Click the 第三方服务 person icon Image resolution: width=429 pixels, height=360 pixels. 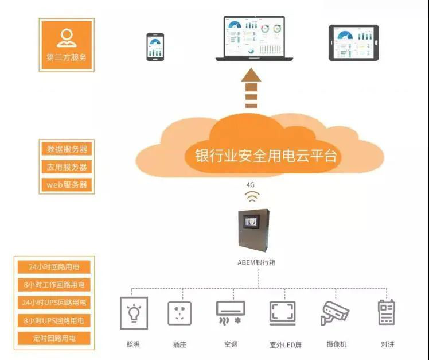[67, 38]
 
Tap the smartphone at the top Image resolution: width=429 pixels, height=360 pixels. [155, 47]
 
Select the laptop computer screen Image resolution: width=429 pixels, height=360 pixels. [254, 36]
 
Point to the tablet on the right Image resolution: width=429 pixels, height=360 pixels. [353, 42]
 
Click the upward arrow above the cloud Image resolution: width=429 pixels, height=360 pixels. [251, 88]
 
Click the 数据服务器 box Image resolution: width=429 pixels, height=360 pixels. [67, 149]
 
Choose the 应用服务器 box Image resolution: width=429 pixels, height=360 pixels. [67, 167]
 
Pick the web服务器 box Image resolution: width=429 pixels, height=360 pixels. [67, 185]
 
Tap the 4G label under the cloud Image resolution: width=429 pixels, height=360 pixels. [250, 185]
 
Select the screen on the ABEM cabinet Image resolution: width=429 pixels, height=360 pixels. [251, 221]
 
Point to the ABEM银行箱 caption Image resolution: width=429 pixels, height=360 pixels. [256, 262]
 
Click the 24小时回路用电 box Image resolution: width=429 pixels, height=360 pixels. [54, 267]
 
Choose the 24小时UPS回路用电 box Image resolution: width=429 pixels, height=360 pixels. [54, 303]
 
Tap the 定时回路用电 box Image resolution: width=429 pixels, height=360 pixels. [54, 338]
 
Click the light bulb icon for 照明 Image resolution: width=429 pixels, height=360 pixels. [134, 313]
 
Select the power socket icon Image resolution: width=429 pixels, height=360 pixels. [180, 313]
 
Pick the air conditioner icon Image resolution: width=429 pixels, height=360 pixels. [231, 312]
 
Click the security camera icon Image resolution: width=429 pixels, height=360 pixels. [334, 313]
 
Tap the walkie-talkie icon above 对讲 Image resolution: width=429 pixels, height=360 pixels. [387, 312]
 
